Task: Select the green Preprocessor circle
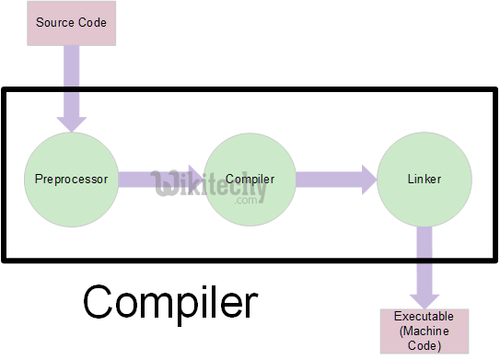pos(72,179)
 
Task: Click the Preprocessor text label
pos(72,178)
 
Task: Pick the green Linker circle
pos(424,179)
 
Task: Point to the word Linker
pos(424,178)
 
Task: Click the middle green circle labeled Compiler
pos(250,179)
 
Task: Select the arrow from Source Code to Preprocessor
pos(72,87)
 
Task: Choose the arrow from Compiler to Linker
pos(336,179)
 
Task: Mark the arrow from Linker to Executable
pos(424,267)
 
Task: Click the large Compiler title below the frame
pos(170,301)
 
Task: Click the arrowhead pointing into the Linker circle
pos(366,179)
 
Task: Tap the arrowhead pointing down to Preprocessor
pos(72,122)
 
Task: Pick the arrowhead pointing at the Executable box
pos(424,299)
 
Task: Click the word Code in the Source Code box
pos(93,20)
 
